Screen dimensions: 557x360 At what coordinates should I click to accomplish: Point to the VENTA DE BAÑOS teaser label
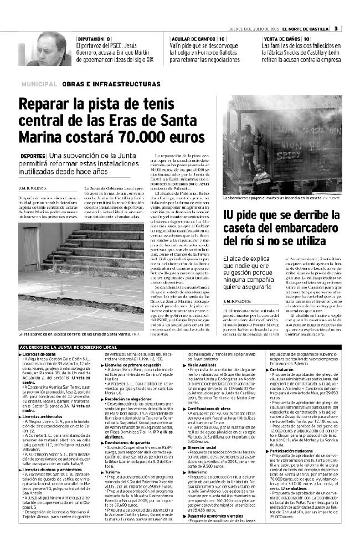(281, 38)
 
